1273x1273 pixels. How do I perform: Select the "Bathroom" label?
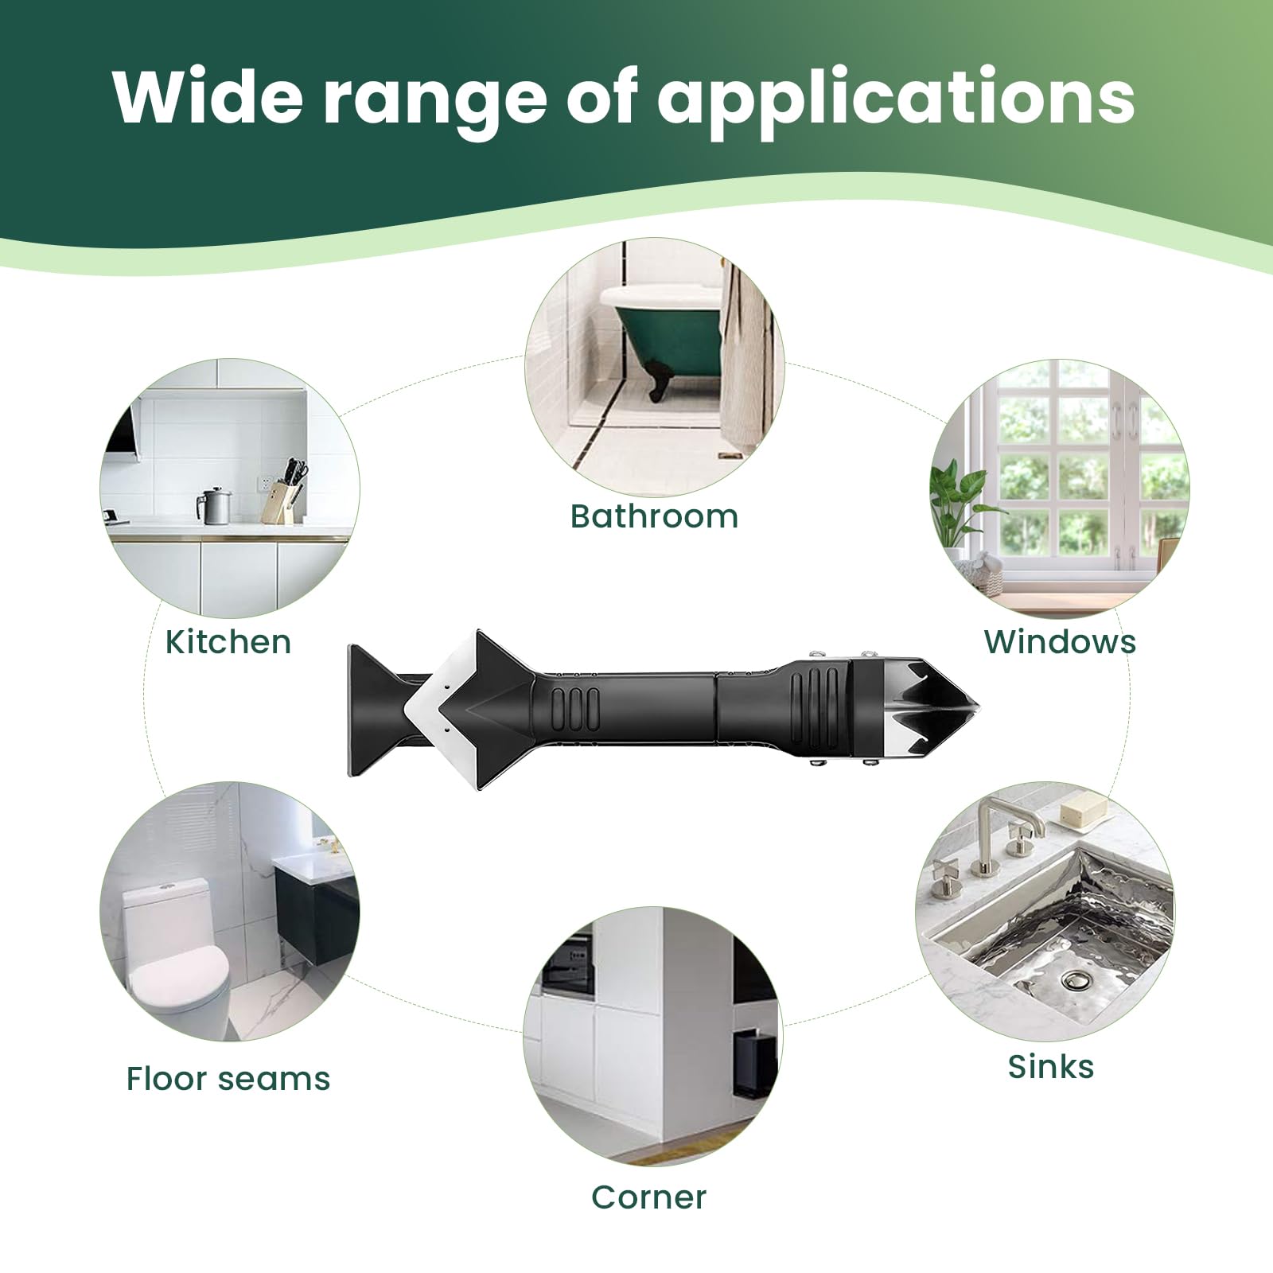tap(654, 516)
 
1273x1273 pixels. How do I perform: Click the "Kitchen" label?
tap(228, 642)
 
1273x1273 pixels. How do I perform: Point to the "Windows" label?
tap(1060, 641)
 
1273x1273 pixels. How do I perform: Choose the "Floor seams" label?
tap(228, 1079)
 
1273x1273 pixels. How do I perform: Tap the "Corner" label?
tap(648, 1197)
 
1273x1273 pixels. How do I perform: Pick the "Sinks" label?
tap(1051, 1066)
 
